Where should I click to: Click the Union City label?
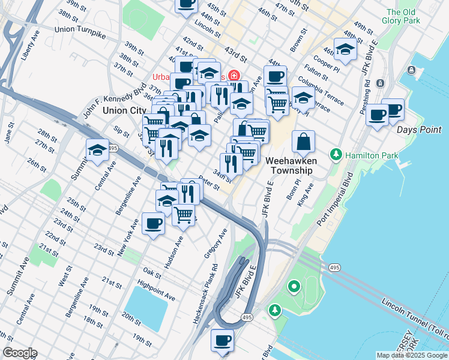124,110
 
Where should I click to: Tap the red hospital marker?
233,77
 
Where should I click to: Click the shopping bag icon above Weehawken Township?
304,142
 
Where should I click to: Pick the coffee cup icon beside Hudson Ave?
153,223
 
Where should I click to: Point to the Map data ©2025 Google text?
411,355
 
